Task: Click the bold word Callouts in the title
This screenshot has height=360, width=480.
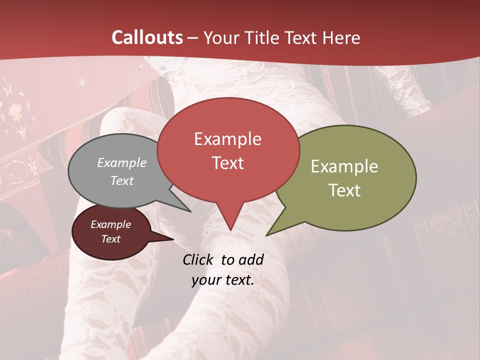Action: [x=147, y=37]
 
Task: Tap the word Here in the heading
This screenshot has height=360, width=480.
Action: [x=342, y=38]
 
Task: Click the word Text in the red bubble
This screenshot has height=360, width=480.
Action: [x=228, y=163]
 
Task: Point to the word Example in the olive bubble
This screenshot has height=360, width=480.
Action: [x=344, y=166]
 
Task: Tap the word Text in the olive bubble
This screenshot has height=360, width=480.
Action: [x=344, y=190]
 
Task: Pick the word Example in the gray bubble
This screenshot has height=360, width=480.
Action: [x=122, y=163]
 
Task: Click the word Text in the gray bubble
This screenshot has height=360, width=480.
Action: [x=122, y=180]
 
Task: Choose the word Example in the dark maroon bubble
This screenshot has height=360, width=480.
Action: [x=111, y=224]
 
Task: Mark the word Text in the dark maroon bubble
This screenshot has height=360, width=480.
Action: [x=111, y=239]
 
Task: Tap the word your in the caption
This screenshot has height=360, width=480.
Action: [x=204, y=280]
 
